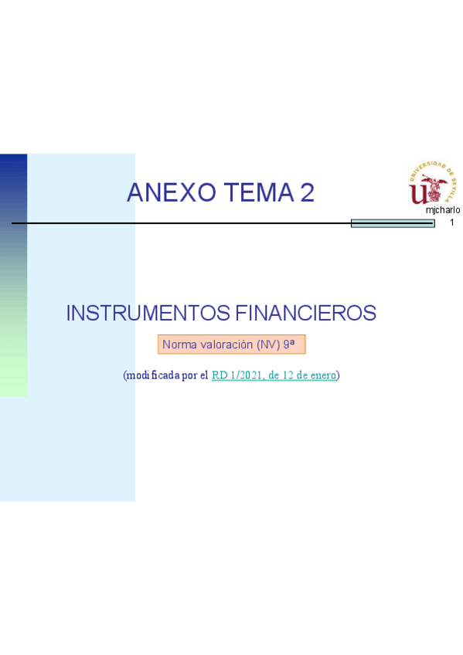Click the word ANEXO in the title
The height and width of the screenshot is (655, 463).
coord(172,192)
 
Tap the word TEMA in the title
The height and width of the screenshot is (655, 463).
coord(259,192)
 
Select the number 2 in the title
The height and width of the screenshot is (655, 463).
coord(307,192)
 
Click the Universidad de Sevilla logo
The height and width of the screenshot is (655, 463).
coord(432,182)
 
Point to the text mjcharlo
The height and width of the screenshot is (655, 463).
coord(443,210)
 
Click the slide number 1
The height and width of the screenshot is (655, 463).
coord(451,222)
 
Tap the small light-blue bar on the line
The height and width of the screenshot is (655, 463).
coord(393,223)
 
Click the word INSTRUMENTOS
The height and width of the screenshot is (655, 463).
coord(148,314)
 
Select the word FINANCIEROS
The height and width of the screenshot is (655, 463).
coord(306,314)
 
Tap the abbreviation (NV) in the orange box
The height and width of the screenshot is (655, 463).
coord(268,344)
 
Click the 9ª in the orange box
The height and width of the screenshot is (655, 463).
coord(289,344)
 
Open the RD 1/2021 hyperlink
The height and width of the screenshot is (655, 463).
coord(274,375)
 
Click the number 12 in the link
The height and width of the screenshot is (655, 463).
coord(288,375)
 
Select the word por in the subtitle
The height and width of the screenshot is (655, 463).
coord(189,376)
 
